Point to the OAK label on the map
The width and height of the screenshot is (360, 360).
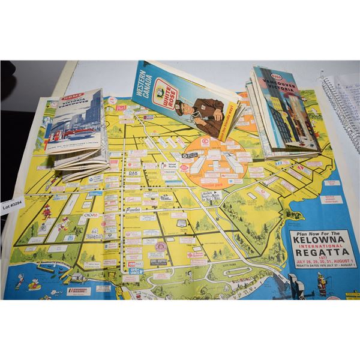click(x=134, y=174)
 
